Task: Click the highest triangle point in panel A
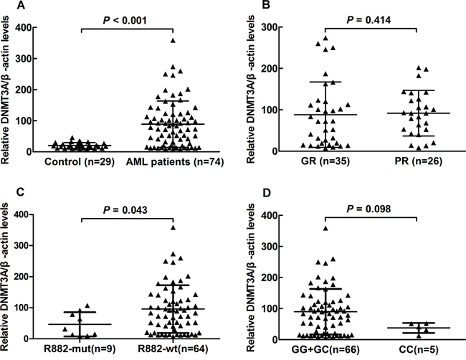coord(172,41)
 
